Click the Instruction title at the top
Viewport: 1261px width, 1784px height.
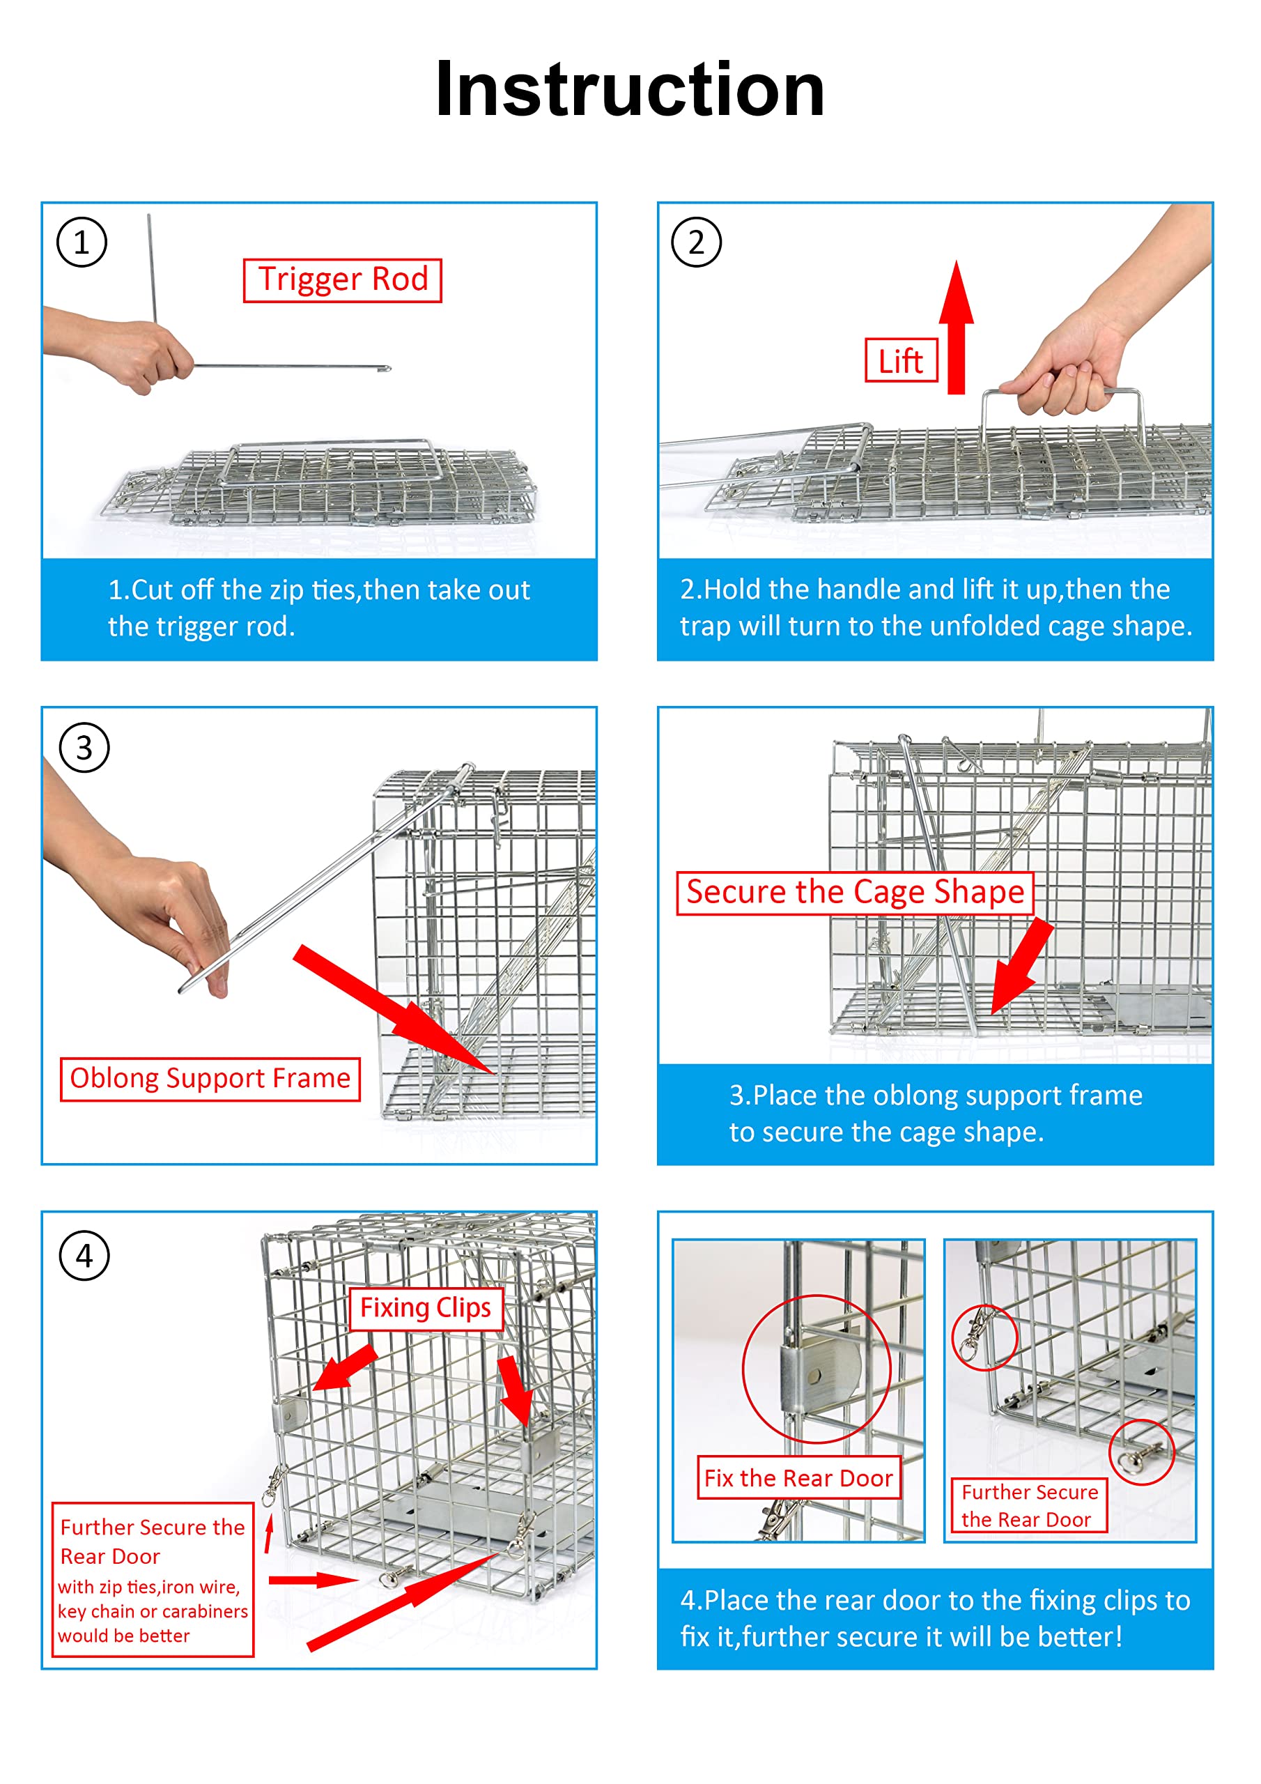pyautogui.click(x=630, y=89)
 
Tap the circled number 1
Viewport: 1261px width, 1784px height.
pyautogui.click(x=82, y=243)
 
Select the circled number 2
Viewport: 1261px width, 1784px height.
pyautogui.click(x=696, y=243)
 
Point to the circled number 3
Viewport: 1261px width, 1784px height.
pyautogui.click(x=84, y=748)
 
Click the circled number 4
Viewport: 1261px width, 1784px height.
pyautogui.click(x=84, y=1256)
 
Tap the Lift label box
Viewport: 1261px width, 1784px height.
pyautogui.click(x=902, y=360)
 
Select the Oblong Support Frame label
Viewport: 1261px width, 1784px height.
pyautogui.click(x=210, y=1079)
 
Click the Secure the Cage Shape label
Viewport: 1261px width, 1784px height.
pyautogui.click(x=856, y=893)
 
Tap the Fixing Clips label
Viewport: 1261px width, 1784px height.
pyautogui.click(x=426, y=1309)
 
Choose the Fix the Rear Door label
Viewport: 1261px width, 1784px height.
pyautogui.click(x=798, y=1478)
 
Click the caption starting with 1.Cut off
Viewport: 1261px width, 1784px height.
pyautogui.click(x=318, y=608)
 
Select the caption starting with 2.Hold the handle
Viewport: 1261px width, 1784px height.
pyautogui.click(x=936, y=608)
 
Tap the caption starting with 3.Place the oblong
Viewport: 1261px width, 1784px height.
pyautogui.click(x=936, y=1114)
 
